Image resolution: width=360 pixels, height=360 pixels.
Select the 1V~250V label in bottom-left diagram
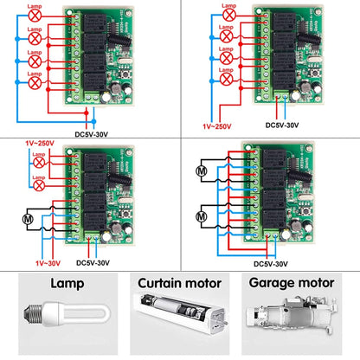click(x=31, y=140)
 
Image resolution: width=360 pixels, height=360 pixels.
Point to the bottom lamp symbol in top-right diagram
click(x=227, y=84)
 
